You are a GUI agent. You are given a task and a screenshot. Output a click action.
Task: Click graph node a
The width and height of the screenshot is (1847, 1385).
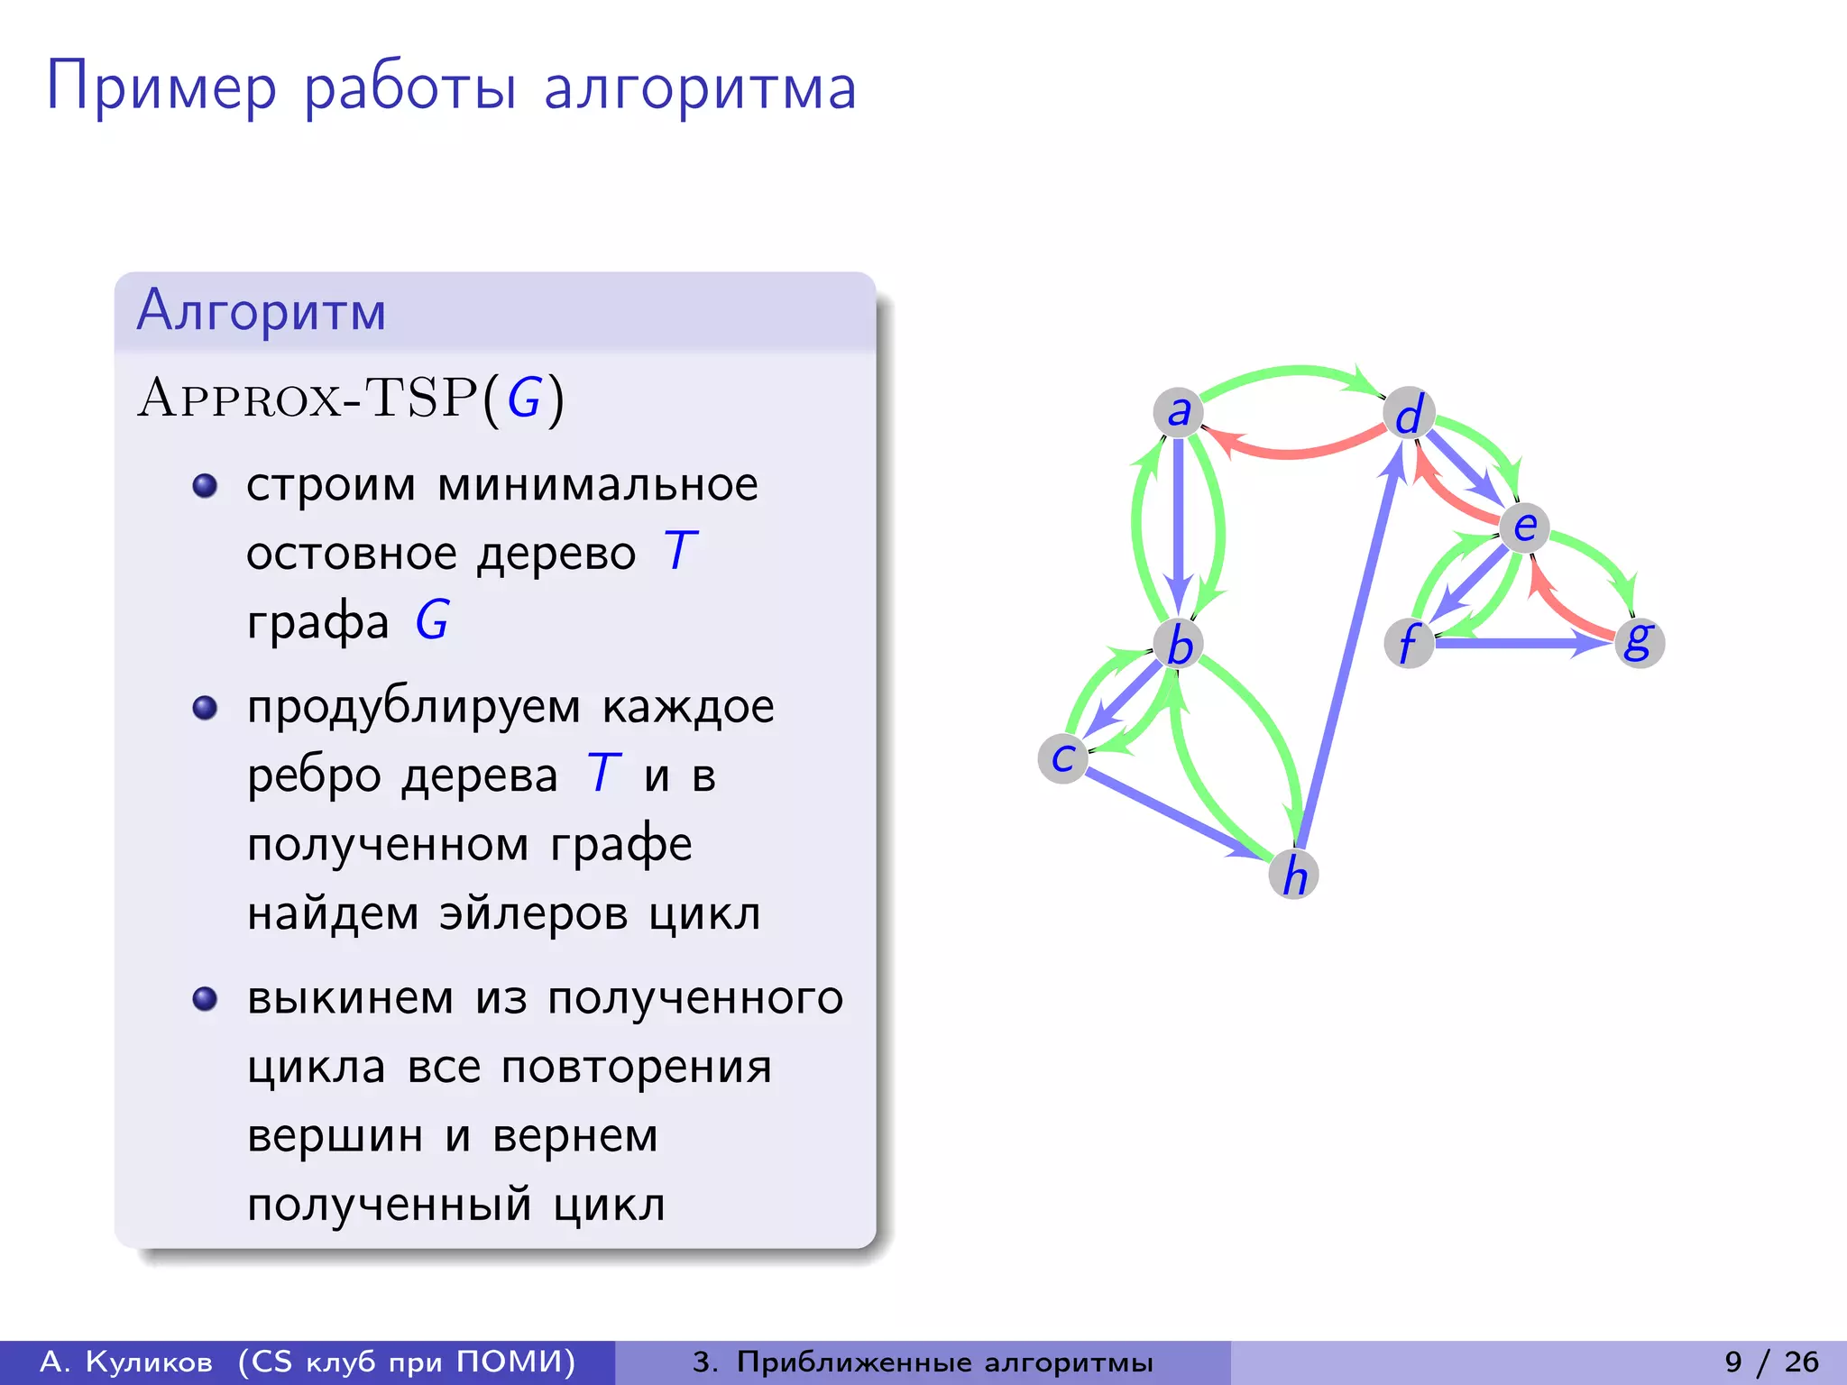click(x=1178, y=412)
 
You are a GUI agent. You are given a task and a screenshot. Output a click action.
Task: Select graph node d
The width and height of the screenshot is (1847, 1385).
click(x=1409, y=414)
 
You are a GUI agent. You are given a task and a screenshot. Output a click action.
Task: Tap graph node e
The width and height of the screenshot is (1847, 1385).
click(x=1524, y=527)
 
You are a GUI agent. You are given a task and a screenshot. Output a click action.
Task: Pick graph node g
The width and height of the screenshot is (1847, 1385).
click(x=1639, y=642)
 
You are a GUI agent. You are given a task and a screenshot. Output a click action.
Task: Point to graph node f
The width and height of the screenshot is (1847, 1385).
click(x=1409, y=643)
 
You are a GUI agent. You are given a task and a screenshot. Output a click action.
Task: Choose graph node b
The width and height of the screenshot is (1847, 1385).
click(x=1179, y=644)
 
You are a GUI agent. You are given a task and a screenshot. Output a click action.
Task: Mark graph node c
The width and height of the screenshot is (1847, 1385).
click(x=1063, y=758)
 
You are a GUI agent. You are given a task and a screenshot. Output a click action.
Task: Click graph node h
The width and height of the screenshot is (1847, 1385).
click(x=1294, y=874)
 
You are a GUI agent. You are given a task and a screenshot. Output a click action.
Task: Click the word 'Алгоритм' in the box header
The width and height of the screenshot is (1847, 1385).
click(x=262, y=311)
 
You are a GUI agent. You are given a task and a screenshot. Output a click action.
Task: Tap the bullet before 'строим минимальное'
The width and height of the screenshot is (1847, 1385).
click(x=206, y=486)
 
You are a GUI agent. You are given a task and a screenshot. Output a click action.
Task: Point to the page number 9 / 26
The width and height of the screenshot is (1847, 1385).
click(x=1771, y=1362)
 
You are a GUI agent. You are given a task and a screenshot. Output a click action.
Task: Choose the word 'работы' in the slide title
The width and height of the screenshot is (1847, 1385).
click(x=410, y=88)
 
